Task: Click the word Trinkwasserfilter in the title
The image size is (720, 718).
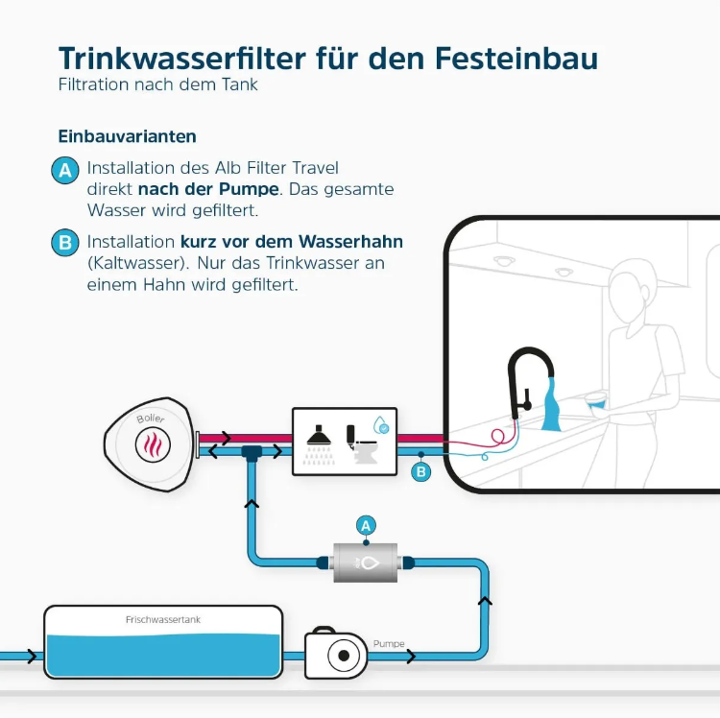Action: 182,59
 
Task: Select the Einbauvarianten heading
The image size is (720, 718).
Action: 127,136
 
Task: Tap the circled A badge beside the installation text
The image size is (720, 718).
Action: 65,170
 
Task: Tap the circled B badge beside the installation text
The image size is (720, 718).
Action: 65,243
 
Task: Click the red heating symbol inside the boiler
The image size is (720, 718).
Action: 153,444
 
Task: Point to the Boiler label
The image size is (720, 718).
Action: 151,419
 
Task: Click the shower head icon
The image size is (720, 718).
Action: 319,435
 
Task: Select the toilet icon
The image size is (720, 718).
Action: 361,444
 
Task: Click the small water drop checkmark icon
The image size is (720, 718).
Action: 381,425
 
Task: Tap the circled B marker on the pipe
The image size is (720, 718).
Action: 421,472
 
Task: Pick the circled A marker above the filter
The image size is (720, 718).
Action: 366,526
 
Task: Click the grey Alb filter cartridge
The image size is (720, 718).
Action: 365,562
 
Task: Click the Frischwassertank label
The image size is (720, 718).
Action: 163,620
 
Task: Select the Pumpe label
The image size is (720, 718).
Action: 389,644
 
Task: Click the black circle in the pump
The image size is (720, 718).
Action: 344,656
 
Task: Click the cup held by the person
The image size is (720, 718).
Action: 596,400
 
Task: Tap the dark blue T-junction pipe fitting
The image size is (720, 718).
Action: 252,453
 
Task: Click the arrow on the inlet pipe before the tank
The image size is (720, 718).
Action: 32,657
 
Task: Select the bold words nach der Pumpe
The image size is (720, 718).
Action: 208,189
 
